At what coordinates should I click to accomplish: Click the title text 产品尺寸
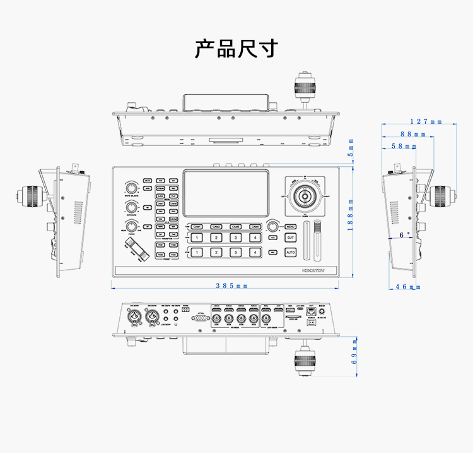tap(235, 49)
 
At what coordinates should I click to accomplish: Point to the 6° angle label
tap(404, 234)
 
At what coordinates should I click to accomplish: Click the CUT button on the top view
tap(290, 238)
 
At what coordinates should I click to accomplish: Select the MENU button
tap(290, 226)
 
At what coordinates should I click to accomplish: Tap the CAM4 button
tap(255, 226)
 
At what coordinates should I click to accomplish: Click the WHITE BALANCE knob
tap(131, 188)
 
